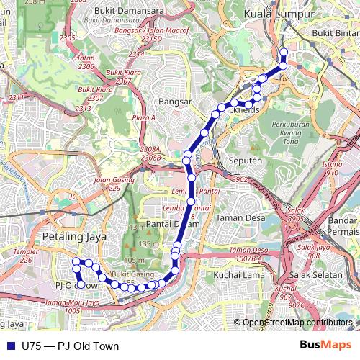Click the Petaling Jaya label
pos(74,235)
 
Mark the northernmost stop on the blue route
pos(283,52)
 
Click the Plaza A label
pos(143,117)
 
